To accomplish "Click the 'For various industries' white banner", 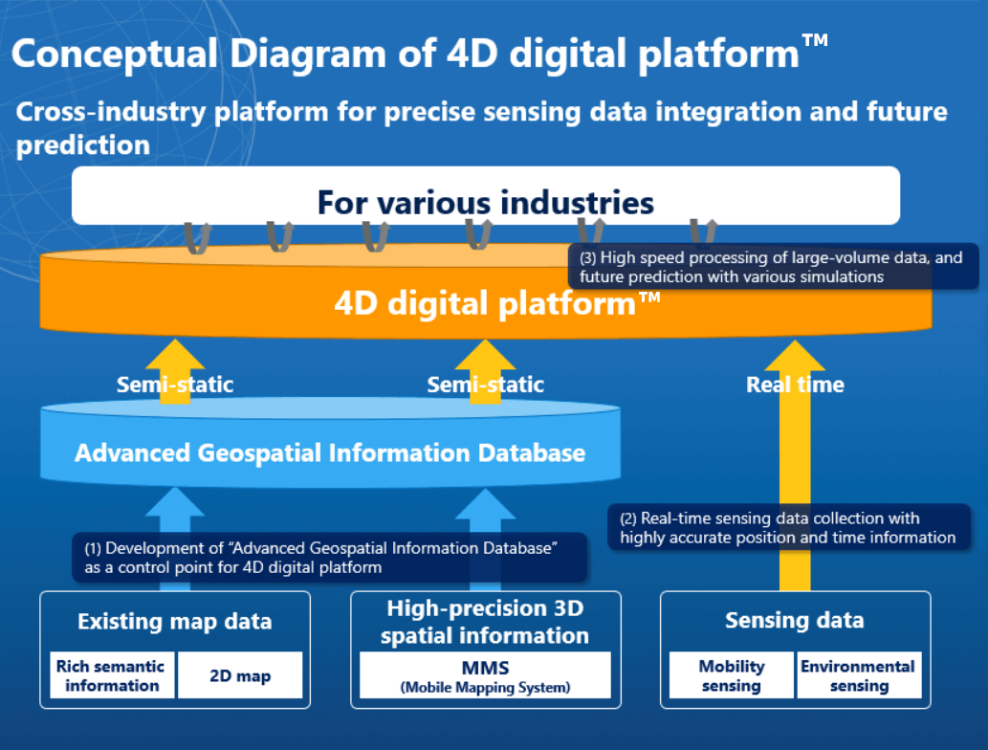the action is click(x=486, y=195).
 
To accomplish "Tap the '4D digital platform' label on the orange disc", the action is click(x=496, y=304).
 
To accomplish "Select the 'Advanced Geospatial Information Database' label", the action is click(x=330, y=453).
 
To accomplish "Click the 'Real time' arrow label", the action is click(x=795, y=385).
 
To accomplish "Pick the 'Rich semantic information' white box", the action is click(x=112, y=675).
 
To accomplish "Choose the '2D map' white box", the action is click(x=240, y=675).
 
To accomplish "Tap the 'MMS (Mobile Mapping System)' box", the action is click(x=485, y=675).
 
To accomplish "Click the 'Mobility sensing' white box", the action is click(x=731, y=675).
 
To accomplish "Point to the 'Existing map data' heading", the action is click(x=174, y=622).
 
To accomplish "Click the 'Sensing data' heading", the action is click(x=795, y=620).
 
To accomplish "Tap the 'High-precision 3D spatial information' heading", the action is click(x=485, y=622).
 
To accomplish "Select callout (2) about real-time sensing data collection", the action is click(x=789, y=527).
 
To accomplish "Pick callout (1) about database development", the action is click(x=330, y=558).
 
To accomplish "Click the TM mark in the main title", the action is click(x=815, y=40).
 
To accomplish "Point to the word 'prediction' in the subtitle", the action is click(x=83, y=145).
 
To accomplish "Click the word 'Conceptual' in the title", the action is click(x=115, y=54).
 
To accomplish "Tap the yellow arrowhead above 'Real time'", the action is click(x=795, y=356).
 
